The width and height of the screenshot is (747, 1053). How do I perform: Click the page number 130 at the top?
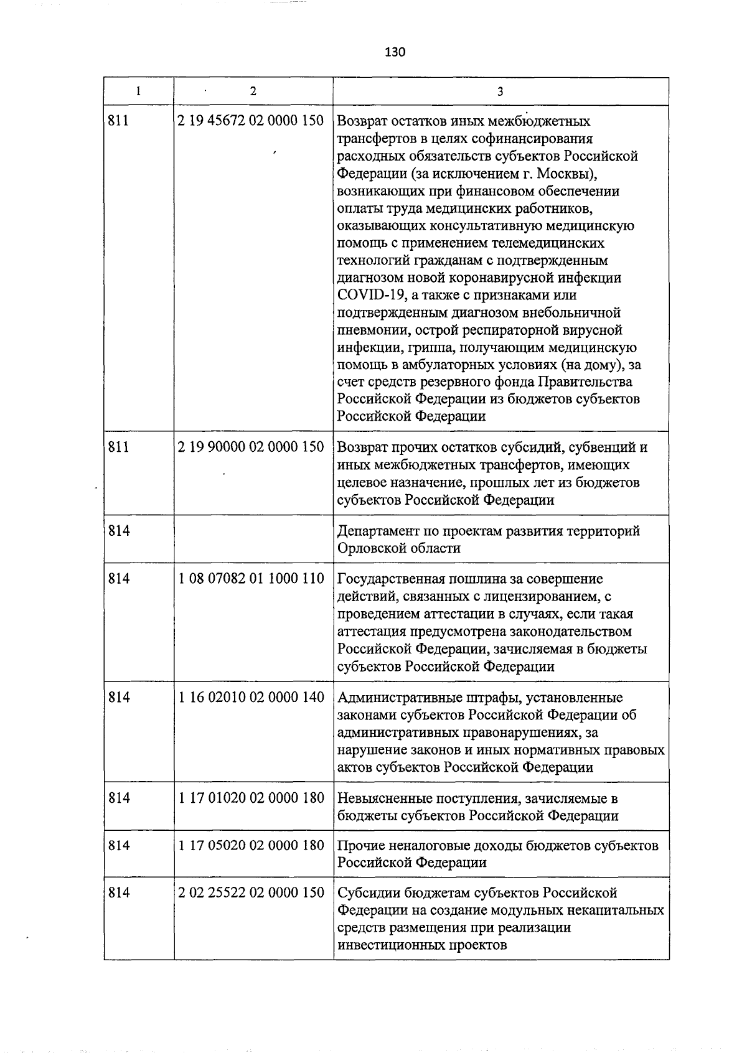click(395, 52)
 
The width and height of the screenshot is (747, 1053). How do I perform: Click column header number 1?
click(138, 91)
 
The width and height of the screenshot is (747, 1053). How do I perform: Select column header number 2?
click(253, 91)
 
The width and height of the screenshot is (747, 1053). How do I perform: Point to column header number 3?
click(500, 91)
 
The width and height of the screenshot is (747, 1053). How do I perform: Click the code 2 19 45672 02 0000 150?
click(251, 120)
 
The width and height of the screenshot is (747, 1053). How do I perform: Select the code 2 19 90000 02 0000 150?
click(251, 447)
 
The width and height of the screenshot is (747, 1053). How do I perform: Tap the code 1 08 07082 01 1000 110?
click(251, 579)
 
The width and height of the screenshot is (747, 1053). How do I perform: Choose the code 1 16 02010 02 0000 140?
click(251, 698)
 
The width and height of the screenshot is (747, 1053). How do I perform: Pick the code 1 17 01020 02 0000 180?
click(251, 798)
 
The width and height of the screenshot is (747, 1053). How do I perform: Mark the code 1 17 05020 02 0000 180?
click(251, 845)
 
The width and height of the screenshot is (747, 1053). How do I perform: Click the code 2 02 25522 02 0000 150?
click(251, 892)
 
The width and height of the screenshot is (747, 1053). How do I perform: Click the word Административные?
click(397, 698)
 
